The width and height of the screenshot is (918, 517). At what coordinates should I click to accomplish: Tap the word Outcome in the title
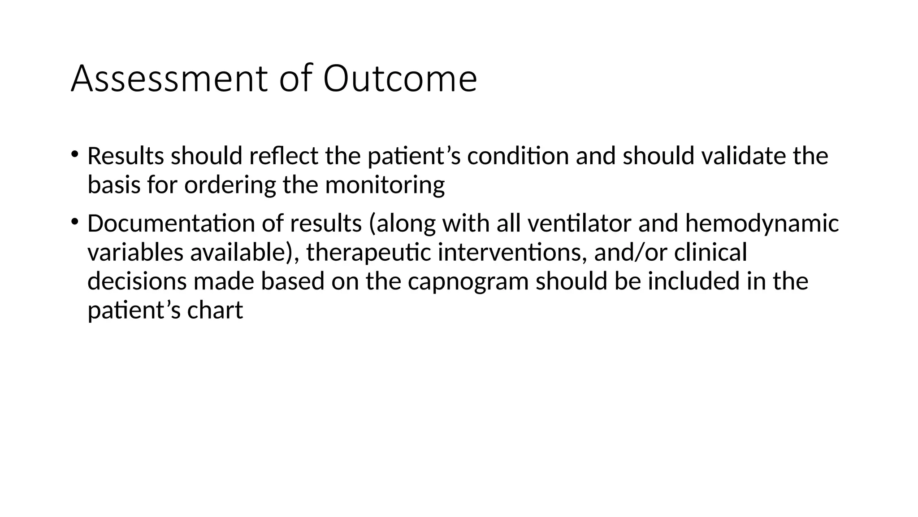coord(400,79)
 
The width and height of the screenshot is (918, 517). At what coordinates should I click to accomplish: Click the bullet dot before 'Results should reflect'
coord(74,154)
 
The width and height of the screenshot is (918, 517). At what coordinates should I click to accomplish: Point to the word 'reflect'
coord(283,156)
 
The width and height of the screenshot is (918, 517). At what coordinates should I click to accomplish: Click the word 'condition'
coord(518,156)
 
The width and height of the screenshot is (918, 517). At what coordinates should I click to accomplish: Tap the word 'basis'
coord(114,185)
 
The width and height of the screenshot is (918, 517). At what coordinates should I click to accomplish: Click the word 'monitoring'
coord(385,186)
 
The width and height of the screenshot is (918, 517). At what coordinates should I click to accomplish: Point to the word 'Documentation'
coord(171,223)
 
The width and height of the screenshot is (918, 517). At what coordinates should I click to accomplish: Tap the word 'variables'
coord(135,252)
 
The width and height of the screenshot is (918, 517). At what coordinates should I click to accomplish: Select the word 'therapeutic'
coord(368,253)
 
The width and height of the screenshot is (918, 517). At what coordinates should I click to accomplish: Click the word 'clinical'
coord(710,252)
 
